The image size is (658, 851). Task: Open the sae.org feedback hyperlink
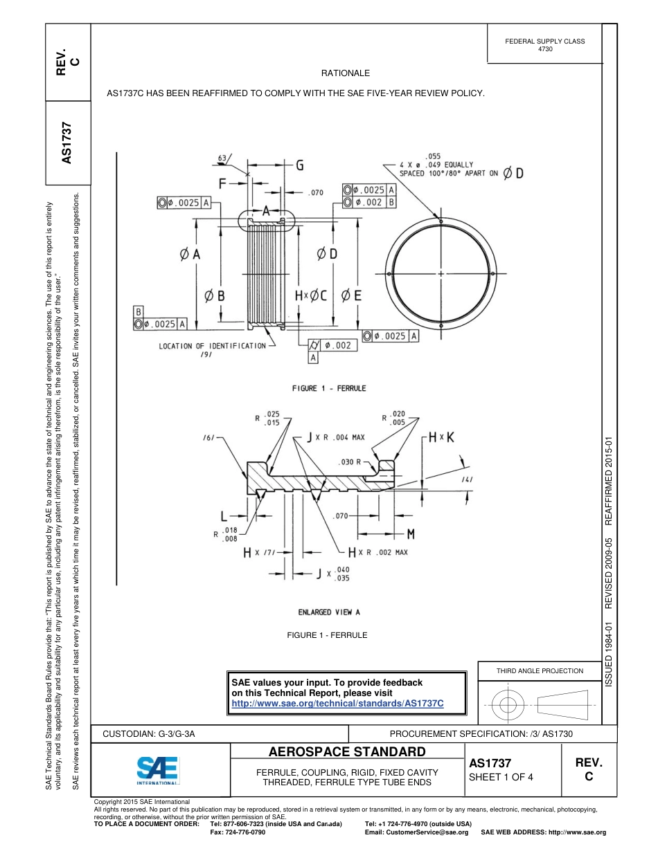click(x=337, y=703)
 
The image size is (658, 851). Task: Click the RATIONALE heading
click(x=345, y=73)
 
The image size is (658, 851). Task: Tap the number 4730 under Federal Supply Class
click(x=545, y=50)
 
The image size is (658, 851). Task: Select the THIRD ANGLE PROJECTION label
click(x=540, y=670)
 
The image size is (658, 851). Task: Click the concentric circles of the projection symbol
click(x=508, y=706)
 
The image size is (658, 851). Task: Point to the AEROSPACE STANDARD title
click(x=347, y=752)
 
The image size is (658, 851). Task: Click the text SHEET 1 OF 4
click(x=501, y=777)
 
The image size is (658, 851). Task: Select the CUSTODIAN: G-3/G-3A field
click(x=149, y=733)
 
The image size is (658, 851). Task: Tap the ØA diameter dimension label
click(x=189, y=254)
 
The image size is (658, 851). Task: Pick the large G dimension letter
click(x=299, y=165)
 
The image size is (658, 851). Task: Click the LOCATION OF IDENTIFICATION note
click(x=212, y=346)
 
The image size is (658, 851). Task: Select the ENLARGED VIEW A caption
click(x=329, y=612)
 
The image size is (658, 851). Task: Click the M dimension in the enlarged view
click(x=410, y=533)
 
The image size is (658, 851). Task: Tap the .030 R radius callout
click(x=350, y=461)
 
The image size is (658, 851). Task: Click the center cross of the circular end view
click(x=441, y=274)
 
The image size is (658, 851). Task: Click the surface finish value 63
click(x=222, y=158)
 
